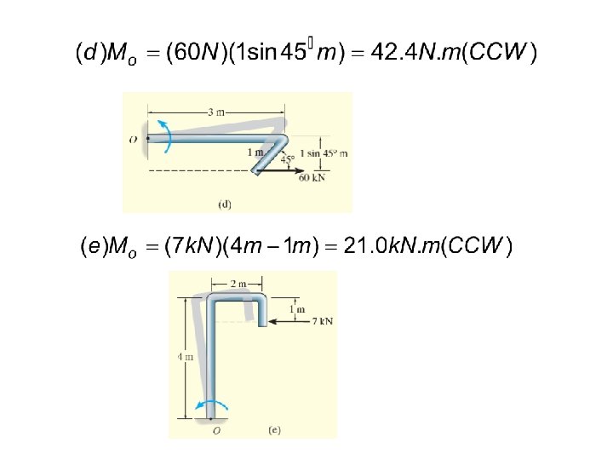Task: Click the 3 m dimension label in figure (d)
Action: click(215, 111)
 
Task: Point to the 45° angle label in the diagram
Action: click(288, 158)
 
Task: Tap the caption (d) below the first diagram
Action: click(225, 204)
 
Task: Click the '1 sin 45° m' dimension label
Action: click(324, 153)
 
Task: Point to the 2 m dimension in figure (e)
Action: click(238, 283)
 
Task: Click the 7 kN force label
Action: click(322, 321)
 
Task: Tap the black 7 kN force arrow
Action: click(289, 322)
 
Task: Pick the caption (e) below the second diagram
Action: click(274, 430)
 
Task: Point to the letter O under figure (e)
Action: click(216, 431)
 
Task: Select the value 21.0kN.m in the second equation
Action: click(394, 247)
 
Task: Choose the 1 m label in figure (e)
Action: click(297, 309)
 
